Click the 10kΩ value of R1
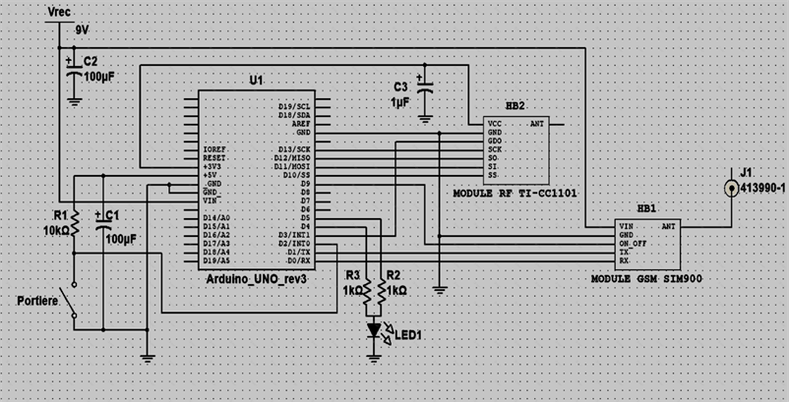tap(56, 230)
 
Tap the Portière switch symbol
tap(70, 302)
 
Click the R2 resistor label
tap(394, 276)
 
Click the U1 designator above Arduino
tap(257, 79)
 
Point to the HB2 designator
tap(515, 104)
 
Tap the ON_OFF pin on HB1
tap(634, 243)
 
